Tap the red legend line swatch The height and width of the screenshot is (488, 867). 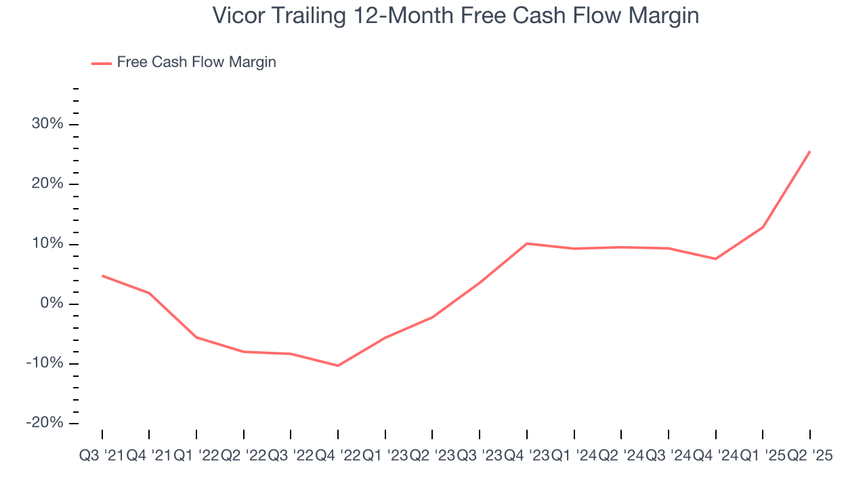(102, 63)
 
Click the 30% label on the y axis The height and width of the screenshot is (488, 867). (47, 124)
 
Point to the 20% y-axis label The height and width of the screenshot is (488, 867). (47, 184)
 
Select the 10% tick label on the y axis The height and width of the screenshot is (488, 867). (47, 244)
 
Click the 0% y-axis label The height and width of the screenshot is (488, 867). (51, 304)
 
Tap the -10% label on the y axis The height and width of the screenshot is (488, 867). (44, 363)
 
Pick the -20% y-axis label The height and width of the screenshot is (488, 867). (44, 423)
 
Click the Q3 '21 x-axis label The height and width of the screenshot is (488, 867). (102, 456)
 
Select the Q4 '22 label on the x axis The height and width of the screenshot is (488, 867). (338, 456)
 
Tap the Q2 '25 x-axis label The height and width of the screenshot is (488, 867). (809, 456)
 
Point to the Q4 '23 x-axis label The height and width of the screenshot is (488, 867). (527, 456)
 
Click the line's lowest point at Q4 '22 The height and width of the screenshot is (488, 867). (338, 366)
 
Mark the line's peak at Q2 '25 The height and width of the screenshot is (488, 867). (810, 151)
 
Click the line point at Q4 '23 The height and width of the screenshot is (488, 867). (527, 243)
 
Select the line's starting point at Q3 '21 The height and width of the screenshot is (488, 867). (102, 275)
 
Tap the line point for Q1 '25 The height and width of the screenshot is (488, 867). (763, 227)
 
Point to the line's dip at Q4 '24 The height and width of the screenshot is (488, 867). (716, 259)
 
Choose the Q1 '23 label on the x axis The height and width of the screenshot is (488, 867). (385, 456)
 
